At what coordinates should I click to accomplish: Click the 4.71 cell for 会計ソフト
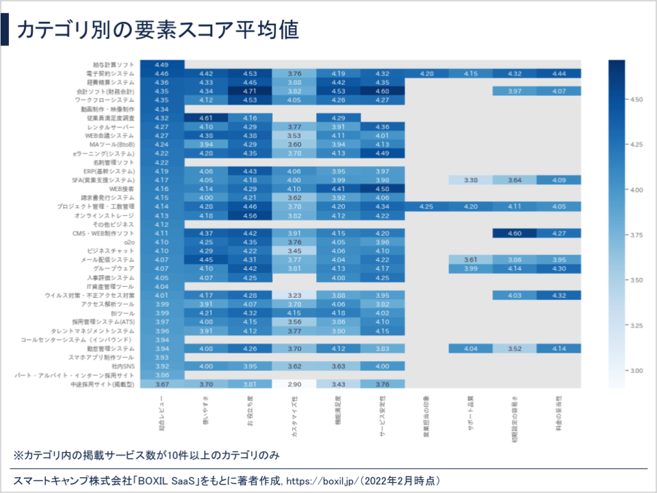click(x=250, y=91)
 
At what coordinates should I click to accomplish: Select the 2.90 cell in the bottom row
click(x=294, y=385)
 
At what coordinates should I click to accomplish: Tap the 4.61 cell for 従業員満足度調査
click(x=206, y=118)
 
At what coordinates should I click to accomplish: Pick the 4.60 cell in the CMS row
click(x=515, y=233)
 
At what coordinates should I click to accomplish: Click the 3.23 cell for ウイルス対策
click(x=294, y=296)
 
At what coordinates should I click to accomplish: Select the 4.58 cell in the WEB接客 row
click(x=383, y=189)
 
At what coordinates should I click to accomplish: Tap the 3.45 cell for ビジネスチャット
click(x=294, y=251)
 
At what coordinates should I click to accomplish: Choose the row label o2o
click(x=129, y=242)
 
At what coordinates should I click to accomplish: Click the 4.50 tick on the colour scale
click(x=636, y=99)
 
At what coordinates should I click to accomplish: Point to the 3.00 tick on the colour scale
click(x=636, y=370)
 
